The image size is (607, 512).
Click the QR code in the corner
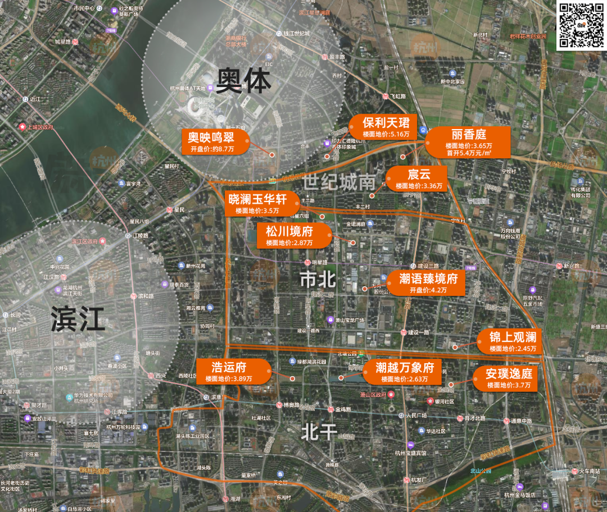point(580,26)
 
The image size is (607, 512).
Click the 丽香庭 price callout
point(468,142)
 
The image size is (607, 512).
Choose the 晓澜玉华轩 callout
point(257,204)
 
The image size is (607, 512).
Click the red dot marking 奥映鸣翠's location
point(271,155)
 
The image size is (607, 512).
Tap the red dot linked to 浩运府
point(292,379)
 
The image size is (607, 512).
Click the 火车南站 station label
point(590,472)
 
